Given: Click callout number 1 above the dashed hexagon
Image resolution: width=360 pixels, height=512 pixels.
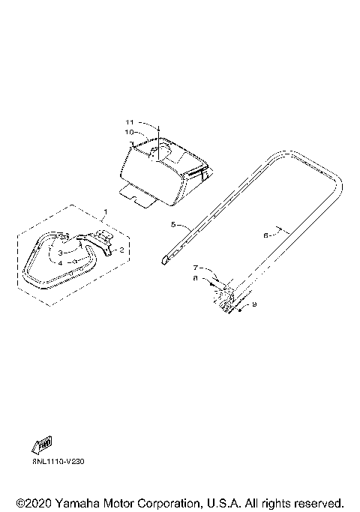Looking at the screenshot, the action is click(105, 212).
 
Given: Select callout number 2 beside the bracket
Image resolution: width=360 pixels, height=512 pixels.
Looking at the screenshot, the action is click(121, 250).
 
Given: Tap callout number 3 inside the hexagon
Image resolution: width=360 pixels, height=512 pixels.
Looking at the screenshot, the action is click(61, 253).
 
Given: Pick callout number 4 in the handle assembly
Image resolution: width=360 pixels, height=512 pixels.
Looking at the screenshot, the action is click(61, 262).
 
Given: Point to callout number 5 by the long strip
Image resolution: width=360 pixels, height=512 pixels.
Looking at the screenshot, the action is click(173, 224).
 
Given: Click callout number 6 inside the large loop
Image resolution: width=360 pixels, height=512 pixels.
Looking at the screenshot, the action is click(266, 235).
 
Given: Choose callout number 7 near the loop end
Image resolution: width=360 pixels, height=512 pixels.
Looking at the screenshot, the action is click(196, 268).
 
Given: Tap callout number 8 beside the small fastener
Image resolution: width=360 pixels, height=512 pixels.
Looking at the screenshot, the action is click(196, 279).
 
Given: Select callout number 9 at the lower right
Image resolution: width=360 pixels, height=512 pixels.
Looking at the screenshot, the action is click(254, 304).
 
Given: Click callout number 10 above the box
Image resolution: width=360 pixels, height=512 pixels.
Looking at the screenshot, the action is click(130, 132).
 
